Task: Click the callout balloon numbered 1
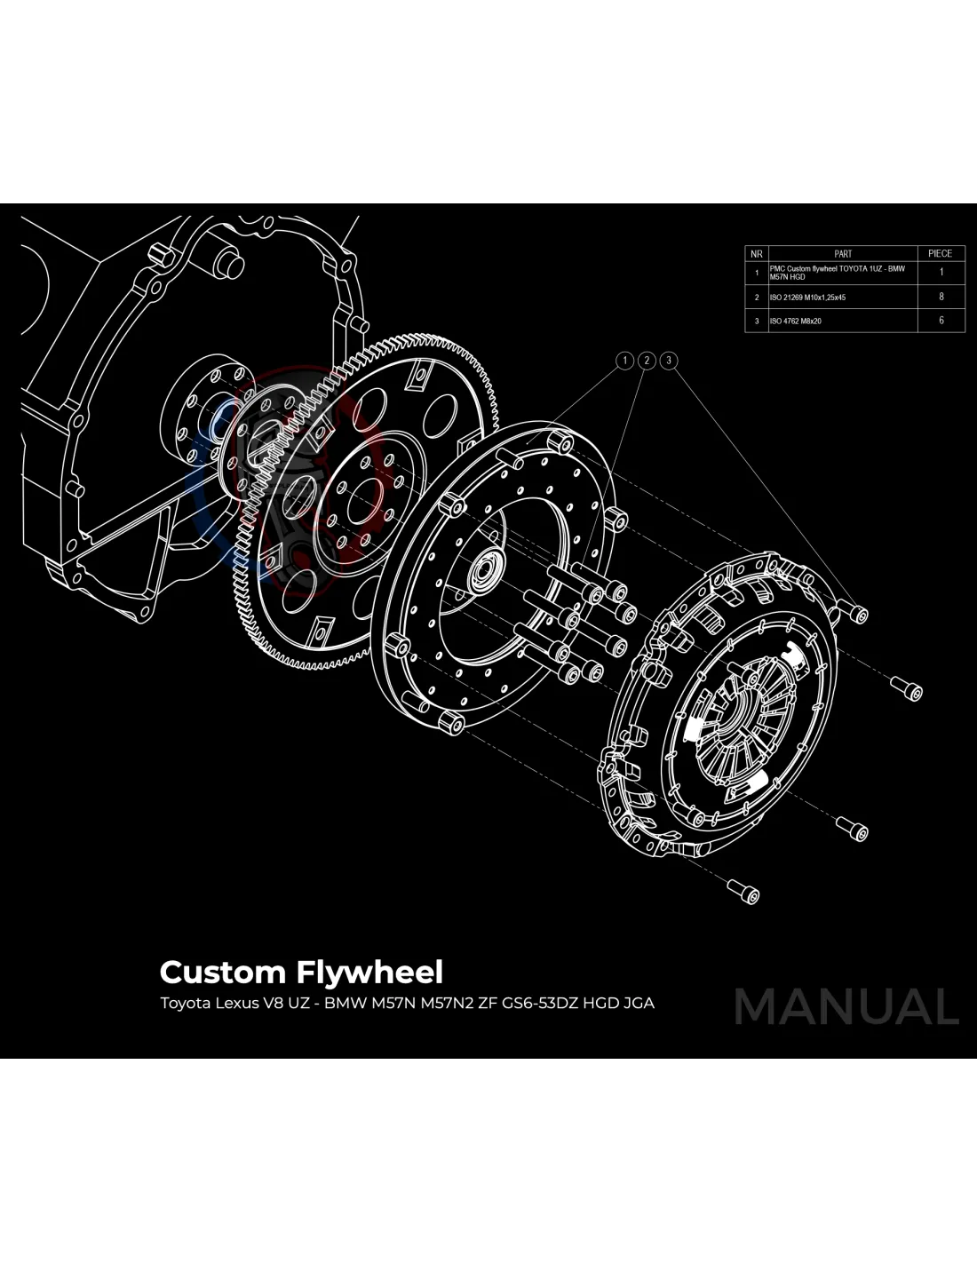tap(625, 361)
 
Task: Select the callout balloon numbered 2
tap(647, 361)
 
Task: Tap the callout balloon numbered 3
tap(669, 361)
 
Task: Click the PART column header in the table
tap(843, 254)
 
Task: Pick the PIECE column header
tap(941, 254)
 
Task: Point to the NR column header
tap(757, 254)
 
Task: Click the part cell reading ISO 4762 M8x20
tap(796, 321)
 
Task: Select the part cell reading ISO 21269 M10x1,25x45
tap(807, 298)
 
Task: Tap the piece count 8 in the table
tap(941, 297)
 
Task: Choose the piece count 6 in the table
tap(941, 321)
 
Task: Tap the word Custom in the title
tap(222, 973)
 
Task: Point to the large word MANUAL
tap(846, 1007)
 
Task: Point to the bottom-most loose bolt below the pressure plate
tap(744, 891)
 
